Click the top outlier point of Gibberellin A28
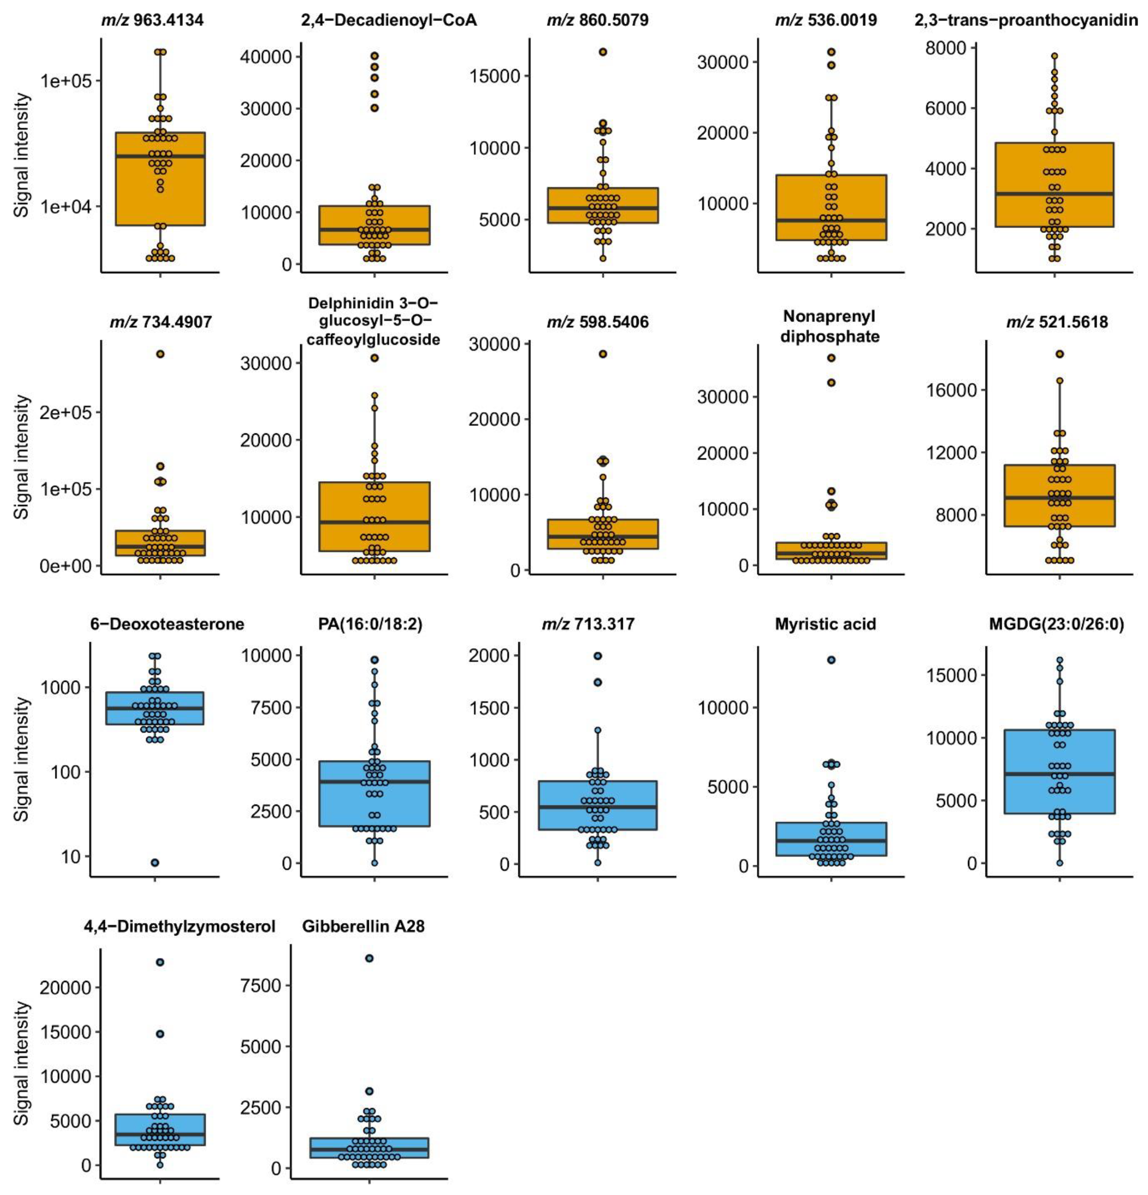(369, 958)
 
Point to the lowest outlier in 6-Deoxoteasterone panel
(155, 862)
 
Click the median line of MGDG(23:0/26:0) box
(1060, 774)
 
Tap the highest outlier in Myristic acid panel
(831, 660)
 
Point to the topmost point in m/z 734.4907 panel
(160, 354)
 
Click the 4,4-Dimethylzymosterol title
(179, 927)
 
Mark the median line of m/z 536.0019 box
(831, 220)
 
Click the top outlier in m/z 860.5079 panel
(603, 52)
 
